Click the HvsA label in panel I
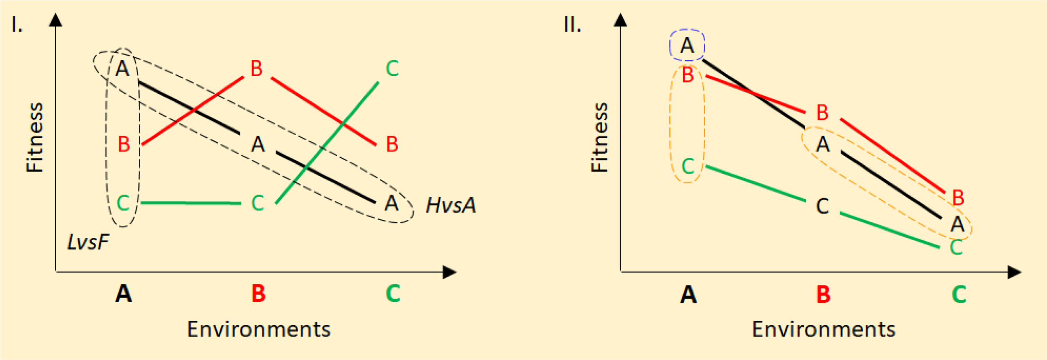tap(451, 206)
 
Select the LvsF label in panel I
tap(88, 242)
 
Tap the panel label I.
tap(17, 26)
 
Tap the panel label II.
tap(572, 26)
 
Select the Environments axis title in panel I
tap(258, 329)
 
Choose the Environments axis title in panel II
tap(823, 329)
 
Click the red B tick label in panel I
tap(258, 293)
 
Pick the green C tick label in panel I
tap(393, 293)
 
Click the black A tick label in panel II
tap(688, 295)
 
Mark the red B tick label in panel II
tap(823, 295)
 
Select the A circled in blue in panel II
tap(687, 45)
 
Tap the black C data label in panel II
tap(823, 206)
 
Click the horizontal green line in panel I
tap(191, 203)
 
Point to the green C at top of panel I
tap(392, 69)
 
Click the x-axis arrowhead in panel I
tap(449, 273)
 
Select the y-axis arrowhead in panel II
tap(620, 20)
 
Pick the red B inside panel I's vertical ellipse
tap(124, 144)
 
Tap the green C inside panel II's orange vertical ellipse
tap(688, 166)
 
